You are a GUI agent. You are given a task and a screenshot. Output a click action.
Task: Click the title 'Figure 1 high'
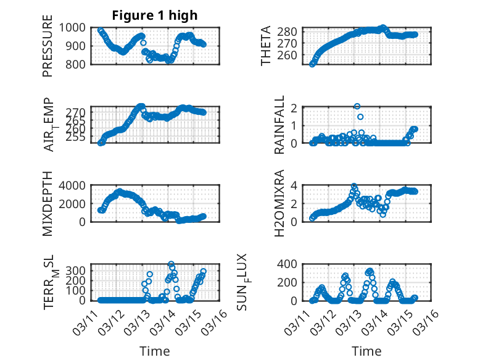click(x=154, y=15)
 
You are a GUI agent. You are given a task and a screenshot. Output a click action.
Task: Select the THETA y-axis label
click(x=266, y=46)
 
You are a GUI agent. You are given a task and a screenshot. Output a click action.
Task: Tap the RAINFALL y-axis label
click(x=279, y=125)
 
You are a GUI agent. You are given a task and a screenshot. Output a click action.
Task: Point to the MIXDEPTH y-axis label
click(x=48, y=203)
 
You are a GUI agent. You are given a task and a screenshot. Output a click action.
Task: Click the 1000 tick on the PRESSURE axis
click(x=75, y=27)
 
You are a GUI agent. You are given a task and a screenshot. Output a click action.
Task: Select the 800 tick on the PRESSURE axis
click(x=78, y=64)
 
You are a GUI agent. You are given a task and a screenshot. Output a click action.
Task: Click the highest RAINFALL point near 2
click(x=357, y=106)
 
